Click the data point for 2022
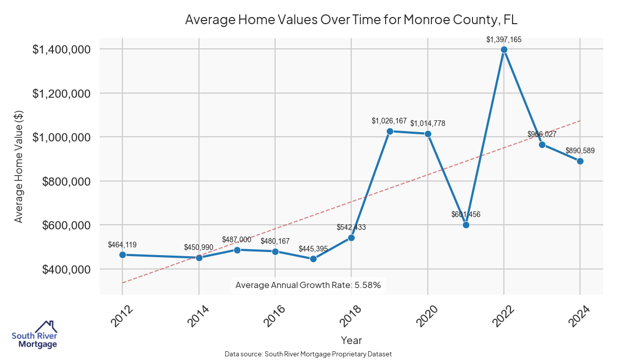coord(504,49)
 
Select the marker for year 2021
coord(466,225)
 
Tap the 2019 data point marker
coord(390,131)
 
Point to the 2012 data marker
coord(122,255)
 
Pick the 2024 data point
coord(580,161)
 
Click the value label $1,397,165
coord(504,39)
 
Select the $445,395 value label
coord(313,249)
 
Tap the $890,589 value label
coord(580,151)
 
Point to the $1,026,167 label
coord(389,121)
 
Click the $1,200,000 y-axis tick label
coord(62,94)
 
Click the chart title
coord(351,20)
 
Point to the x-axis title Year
coord(351,340)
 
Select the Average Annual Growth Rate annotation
coord(307,285)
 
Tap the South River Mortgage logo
coord(34,335)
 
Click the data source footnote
coord(308,354)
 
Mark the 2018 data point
coord(351,238)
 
